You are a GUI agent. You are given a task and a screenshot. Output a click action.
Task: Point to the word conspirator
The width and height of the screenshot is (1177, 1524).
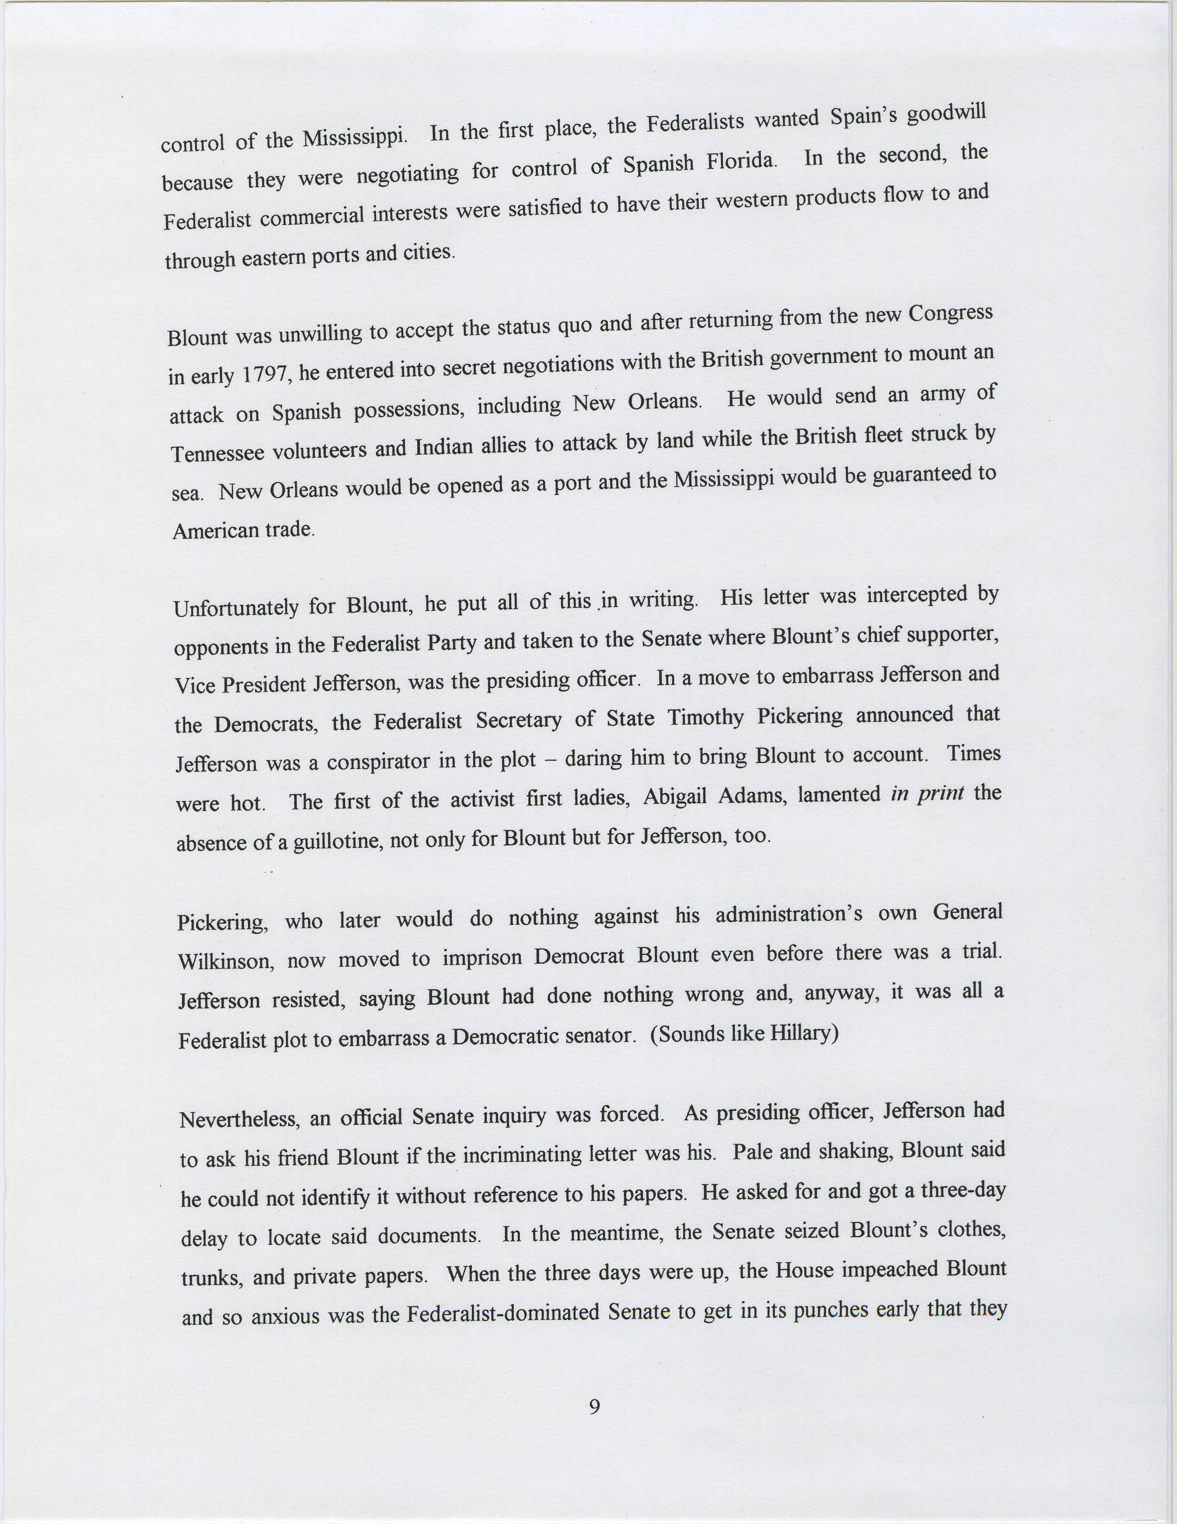378,761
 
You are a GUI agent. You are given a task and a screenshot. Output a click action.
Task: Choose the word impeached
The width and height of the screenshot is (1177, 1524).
889,1269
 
